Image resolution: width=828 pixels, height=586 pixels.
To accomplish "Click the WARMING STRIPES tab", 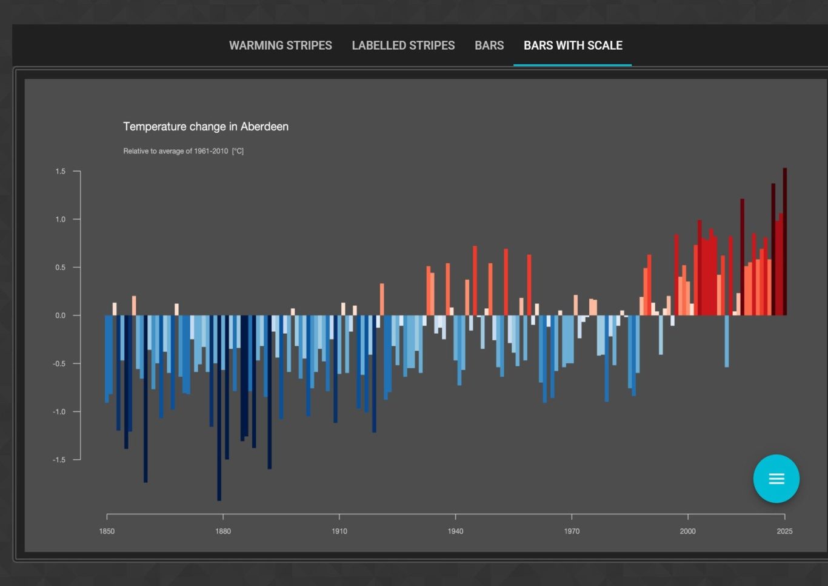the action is click(281, 45).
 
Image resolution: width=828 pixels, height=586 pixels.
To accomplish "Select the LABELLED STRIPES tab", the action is click(403, 45).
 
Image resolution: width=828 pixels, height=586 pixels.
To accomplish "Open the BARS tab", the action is click(489, 45).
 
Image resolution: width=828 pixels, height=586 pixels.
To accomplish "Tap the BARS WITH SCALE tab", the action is click(573, 45).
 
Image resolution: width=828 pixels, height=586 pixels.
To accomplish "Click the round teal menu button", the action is click(776, 479).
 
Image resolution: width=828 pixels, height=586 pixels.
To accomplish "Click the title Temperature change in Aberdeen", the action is click(205, 127).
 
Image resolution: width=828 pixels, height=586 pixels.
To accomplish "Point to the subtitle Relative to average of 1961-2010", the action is click(176, 151).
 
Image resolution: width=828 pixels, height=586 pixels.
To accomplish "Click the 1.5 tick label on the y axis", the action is click(60, 171).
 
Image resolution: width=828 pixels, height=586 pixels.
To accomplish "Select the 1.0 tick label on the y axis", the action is click(60, 220).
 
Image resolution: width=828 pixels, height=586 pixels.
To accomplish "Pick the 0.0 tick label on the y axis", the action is click(60, 315).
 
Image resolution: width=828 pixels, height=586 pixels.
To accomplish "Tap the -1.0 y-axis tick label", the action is click(59, 412).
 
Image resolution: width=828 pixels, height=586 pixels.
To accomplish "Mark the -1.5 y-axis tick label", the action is click(59, 460).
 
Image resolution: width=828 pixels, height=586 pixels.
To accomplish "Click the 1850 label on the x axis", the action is click(107, 531).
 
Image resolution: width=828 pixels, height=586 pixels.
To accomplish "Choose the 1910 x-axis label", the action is click(339, 531).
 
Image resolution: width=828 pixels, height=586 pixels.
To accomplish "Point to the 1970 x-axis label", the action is click(572, 531).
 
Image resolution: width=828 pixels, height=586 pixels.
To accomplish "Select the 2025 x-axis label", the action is click(784, 531).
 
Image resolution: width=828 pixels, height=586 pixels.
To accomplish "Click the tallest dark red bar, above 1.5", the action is click(785, 241).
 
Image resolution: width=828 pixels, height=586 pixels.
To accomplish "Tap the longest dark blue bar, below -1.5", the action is click(219, 408).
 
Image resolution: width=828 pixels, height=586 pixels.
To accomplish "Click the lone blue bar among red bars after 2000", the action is click(727, 341).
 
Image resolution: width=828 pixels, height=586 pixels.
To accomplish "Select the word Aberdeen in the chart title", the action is click(264, 127).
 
